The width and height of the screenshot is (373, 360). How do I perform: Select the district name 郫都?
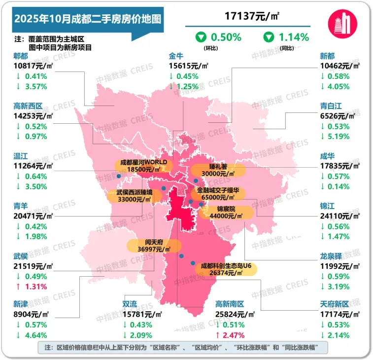(x=21, y=56)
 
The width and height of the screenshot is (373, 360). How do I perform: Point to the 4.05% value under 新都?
(x=340, y=87)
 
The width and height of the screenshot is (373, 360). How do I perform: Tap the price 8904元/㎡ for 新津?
(x=31, y=315)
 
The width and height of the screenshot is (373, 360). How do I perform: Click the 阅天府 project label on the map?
(x=150, y=246)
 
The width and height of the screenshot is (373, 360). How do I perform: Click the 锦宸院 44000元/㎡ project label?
(x=227, y=213)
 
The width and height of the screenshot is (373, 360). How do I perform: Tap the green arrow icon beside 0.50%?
(x=201, y=37)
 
